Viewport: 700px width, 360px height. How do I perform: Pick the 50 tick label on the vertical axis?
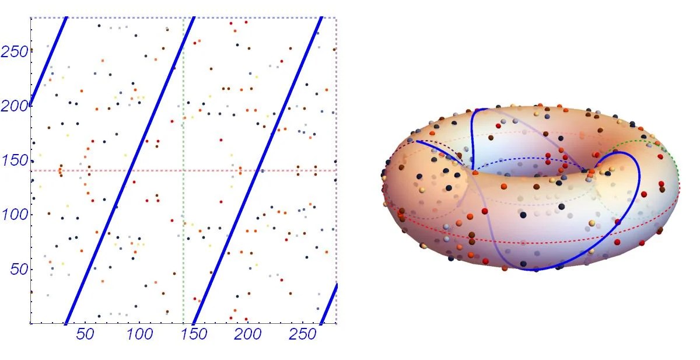coord(17,269)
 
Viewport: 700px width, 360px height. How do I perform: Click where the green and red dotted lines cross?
coord(184,171)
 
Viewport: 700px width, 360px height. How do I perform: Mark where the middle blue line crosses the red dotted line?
coord(128,171)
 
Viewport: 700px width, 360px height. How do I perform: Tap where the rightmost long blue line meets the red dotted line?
coord(257,171)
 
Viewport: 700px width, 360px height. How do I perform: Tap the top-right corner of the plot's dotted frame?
coord(337,18)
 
